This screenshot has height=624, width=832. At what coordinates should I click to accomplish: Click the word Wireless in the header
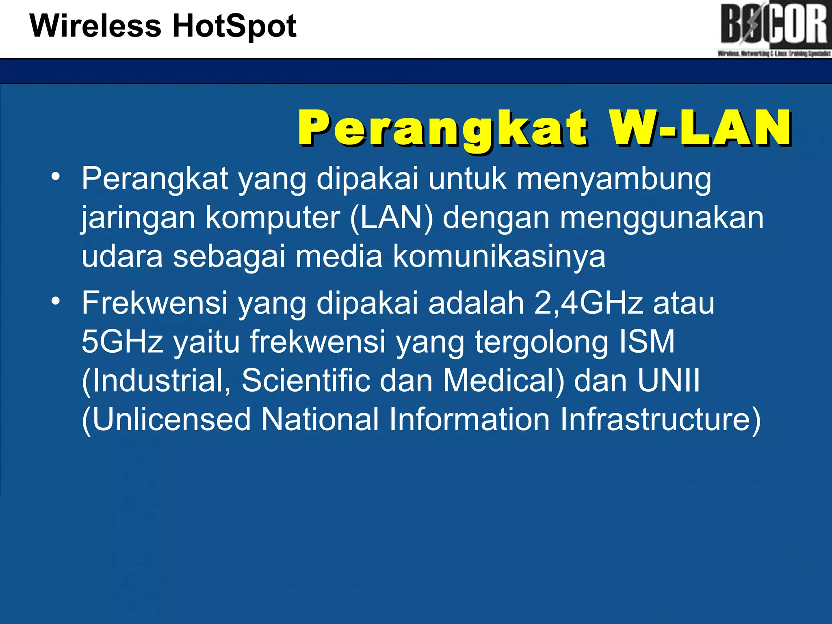95,26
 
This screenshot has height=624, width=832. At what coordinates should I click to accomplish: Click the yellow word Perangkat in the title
443,128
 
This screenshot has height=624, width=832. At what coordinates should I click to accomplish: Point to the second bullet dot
56,301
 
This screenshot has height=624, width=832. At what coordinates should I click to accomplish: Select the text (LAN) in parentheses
391,218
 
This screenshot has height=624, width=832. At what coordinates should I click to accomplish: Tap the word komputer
273,218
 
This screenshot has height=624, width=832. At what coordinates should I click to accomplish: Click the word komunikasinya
499,256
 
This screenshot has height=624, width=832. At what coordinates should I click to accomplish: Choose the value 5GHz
122,341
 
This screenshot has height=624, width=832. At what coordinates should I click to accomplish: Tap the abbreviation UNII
668,380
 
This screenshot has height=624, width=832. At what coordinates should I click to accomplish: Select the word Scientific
305,380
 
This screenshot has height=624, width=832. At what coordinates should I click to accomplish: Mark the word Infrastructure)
660,419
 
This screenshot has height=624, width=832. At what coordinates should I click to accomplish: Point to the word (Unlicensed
166,419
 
